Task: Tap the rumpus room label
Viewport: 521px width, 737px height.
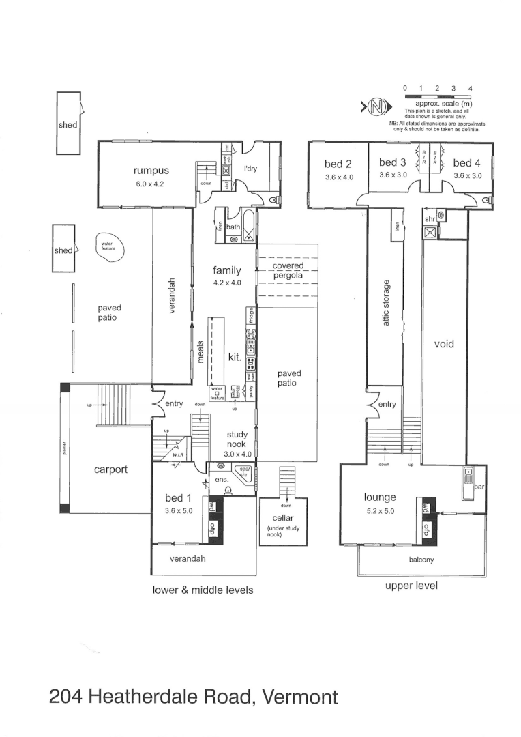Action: click(x=150, y=171)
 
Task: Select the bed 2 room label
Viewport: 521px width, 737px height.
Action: click(x=338, y=164)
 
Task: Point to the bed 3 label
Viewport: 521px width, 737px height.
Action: click(x=392, y=162)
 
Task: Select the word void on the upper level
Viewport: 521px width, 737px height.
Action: click(x=443, y=345)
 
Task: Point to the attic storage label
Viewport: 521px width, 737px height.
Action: click(x=386, y=302)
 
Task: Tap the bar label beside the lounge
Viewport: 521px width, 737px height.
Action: click(x=479, y=487)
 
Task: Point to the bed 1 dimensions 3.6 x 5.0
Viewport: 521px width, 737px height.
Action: click(x=179, y=510)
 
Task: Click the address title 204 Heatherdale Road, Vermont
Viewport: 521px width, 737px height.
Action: click(x=194, y=697)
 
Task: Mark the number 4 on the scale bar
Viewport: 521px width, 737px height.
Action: click(x=471, y=89)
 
